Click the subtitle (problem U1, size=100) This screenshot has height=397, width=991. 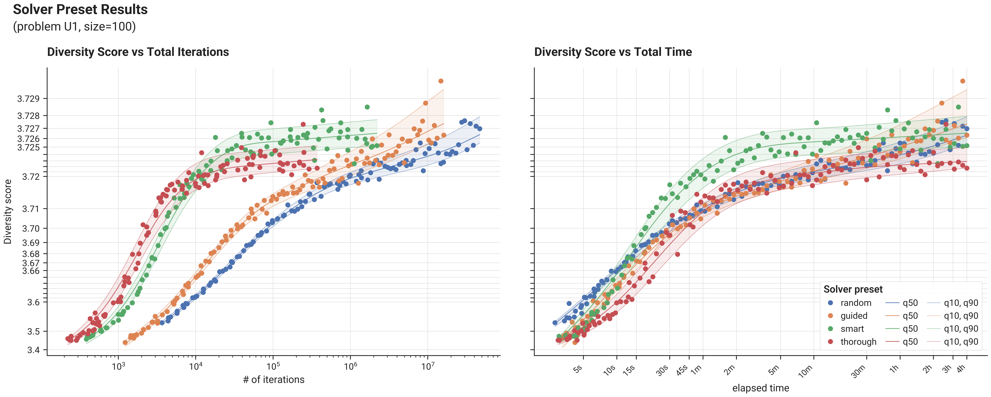point(74,27)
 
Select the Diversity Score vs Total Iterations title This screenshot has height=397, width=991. point(138,52)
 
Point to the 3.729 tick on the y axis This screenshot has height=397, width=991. point(29,99)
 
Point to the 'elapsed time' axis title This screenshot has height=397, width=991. point(761,388)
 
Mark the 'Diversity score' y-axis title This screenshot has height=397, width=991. point(8,212)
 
